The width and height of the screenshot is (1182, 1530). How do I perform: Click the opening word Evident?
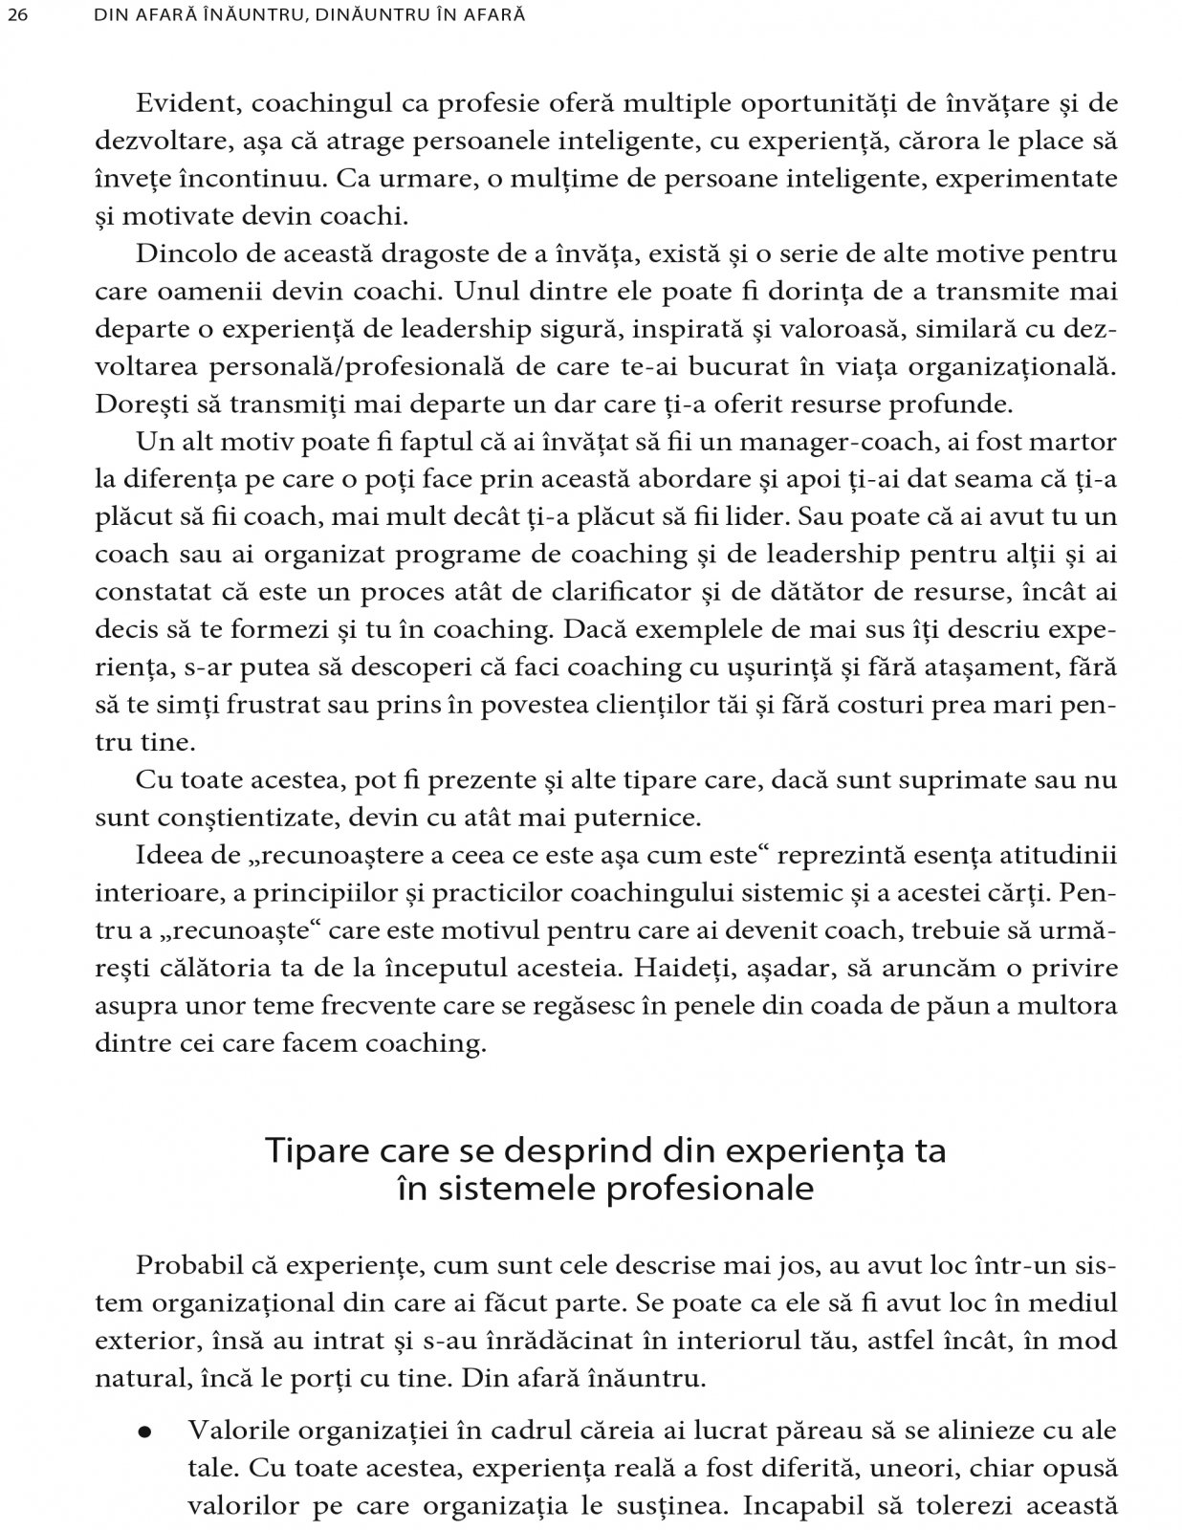click(175, 104)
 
